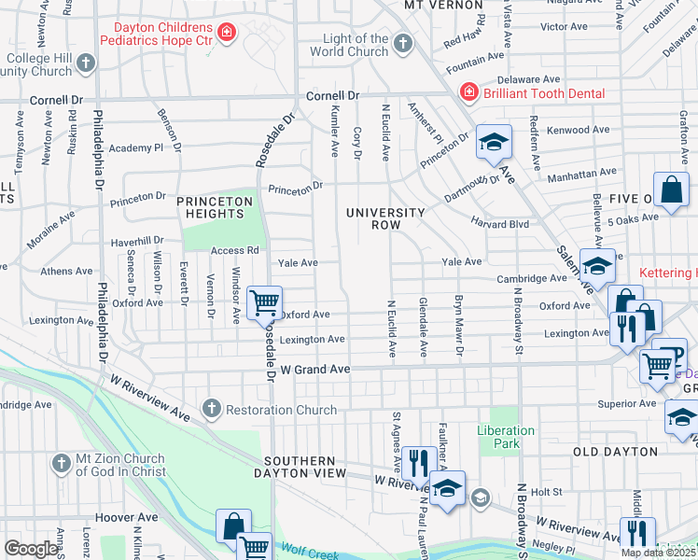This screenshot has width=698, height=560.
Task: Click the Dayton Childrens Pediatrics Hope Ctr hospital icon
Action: point(225,35)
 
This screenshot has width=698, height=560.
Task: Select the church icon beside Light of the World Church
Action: point(402,44)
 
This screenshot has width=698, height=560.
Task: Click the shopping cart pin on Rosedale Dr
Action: point(265,302)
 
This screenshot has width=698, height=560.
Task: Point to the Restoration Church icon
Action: point(212,409)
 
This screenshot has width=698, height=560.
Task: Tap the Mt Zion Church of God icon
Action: point(61,464)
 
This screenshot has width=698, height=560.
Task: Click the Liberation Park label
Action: point(506,437)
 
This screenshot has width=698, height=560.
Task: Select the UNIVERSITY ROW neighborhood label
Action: point(385,219)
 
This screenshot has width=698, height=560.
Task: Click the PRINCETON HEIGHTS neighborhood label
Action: point(216,207)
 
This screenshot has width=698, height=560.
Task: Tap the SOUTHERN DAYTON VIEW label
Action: point(299,467)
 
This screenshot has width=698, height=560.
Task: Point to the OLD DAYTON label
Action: point(610,453)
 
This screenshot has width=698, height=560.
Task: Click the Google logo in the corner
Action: point(31,549)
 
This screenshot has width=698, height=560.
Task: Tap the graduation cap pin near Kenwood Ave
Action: point(494,142)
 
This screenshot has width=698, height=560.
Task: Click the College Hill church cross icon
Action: point(86,63)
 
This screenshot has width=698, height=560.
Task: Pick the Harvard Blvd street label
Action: point(500,224)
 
